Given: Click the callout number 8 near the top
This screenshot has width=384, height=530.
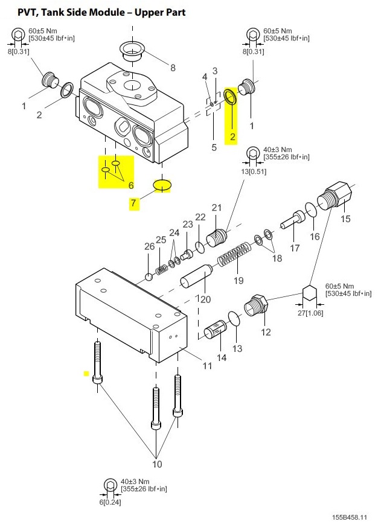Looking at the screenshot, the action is tap(173, 68).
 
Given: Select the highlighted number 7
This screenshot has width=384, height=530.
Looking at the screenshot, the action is tap(133, 203).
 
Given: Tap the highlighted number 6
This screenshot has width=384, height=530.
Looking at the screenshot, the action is tap(131, 185).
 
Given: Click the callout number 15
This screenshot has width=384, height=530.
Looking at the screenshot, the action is tap(345, 219).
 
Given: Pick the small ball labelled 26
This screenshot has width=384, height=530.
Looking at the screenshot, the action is tap(149, 277).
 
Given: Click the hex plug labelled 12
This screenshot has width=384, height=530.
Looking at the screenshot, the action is tap(256, 305).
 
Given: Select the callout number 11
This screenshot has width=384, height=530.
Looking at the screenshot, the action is tap(207, 365).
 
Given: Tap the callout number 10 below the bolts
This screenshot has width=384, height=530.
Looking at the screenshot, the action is tap(157, 464).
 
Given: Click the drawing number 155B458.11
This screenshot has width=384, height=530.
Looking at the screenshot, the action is tap(349, 517).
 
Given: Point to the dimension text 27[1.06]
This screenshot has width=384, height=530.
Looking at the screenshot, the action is tap(310, 313).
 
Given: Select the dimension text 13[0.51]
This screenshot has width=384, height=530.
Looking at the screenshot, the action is tap(254, 171).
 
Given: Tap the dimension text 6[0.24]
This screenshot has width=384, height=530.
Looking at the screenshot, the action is tap(110, 502).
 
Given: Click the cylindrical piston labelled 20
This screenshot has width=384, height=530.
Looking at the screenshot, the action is tap(196, 277).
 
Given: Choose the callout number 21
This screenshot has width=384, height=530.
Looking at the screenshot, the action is tap(216, 207).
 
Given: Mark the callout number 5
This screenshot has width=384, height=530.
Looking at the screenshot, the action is tap(214, 147).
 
